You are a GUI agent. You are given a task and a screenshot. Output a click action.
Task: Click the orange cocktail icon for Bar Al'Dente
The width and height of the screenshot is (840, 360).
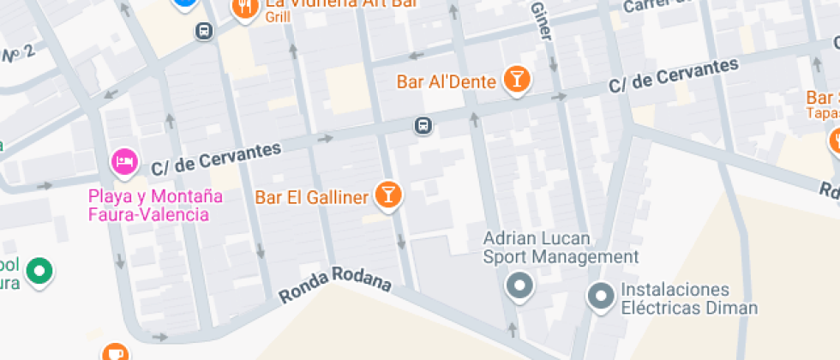coord(516,81)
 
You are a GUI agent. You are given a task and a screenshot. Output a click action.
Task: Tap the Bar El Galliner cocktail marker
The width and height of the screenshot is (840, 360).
coord(388,195)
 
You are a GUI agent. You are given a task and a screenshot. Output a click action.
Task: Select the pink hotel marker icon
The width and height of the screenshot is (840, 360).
coord(124,161)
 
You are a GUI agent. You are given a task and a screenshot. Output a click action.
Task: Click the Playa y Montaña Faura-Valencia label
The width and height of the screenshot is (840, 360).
coord(155,205)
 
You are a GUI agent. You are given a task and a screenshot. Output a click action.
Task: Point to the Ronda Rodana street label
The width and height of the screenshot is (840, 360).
coord(335,289)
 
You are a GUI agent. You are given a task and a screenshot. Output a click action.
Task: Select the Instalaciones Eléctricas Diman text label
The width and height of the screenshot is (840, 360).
coord(689,298)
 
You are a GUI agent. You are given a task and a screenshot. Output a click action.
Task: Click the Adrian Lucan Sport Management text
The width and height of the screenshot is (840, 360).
coord(561,247)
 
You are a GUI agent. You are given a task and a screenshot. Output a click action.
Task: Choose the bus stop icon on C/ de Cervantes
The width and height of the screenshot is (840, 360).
coord(423,126)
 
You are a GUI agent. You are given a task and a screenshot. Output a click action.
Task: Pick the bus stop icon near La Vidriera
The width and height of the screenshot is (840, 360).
coord(204,32)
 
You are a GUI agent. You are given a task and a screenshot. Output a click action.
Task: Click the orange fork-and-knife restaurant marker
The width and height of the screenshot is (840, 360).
coord(246,8)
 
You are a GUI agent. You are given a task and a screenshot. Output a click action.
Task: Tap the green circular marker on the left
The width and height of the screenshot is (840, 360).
coord(38,271)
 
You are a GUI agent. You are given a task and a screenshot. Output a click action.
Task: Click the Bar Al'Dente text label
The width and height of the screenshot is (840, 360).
coord(447,82)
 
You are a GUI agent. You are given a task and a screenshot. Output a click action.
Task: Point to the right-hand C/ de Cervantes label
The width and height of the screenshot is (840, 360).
coord(673,77)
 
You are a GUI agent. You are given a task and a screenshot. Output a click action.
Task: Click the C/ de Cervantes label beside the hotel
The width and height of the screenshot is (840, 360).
coord(216,158)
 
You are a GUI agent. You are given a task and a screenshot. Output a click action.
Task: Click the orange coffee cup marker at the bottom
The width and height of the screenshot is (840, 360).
coord(114,352)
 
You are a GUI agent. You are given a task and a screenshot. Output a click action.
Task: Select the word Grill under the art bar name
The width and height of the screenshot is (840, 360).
coord(278,16)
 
